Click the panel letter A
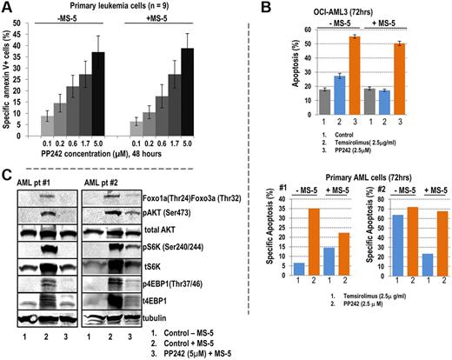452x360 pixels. click(x=8, y=8)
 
